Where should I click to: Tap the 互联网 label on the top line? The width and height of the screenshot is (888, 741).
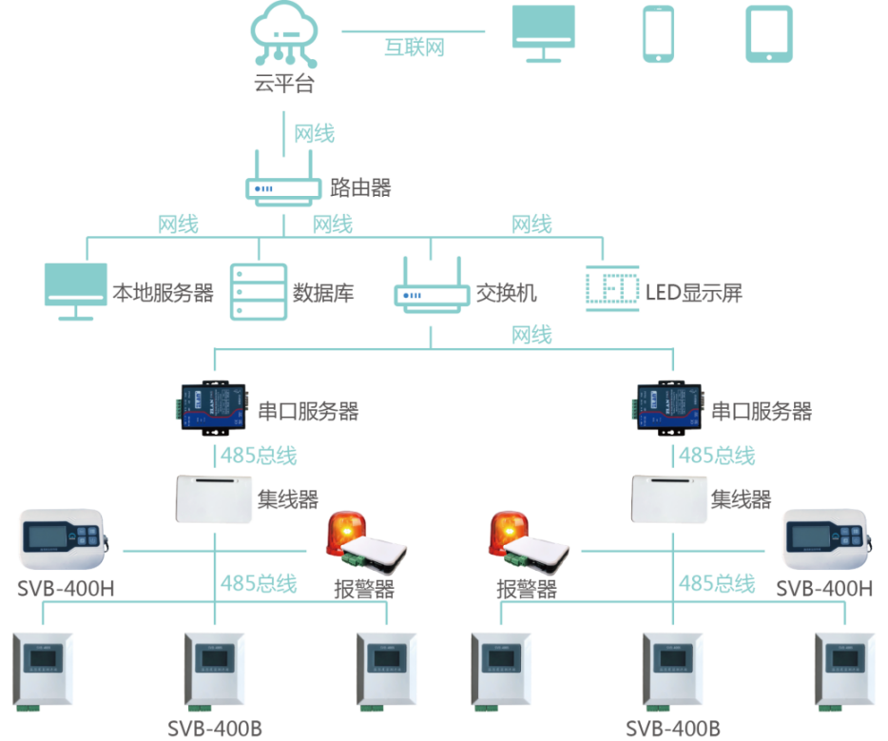coord(415,45)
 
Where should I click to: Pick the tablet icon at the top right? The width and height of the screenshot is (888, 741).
coord(768,34)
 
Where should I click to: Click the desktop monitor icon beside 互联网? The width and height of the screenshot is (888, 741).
coord(544,32)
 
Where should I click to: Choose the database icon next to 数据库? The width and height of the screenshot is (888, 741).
coord(258,291)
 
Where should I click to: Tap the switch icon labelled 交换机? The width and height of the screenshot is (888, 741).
coord(431,288)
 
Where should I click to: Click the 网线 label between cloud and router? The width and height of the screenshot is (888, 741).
coord(315,133)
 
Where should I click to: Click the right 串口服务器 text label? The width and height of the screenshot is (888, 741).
coord(763,411)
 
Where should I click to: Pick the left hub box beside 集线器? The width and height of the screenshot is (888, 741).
coord(214,498)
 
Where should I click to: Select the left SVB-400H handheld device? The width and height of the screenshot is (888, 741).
coord(64,537)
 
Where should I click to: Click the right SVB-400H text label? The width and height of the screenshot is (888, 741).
coord(824,588)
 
